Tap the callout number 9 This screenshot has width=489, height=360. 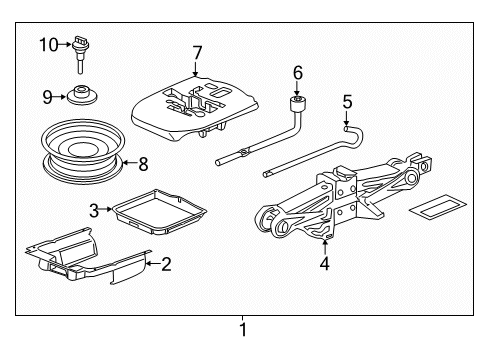45,96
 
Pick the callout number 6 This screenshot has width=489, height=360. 297,72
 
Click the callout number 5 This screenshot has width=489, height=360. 347,100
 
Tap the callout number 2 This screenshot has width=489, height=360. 166,265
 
